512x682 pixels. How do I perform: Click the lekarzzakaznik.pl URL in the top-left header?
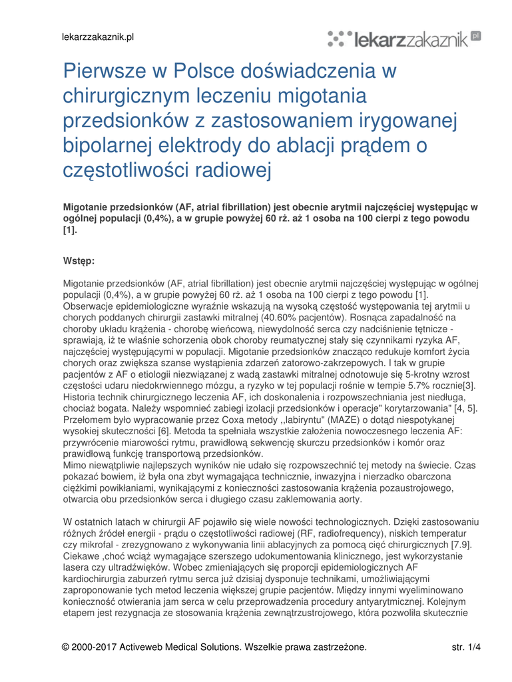99,37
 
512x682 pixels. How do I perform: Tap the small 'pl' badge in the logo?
475,37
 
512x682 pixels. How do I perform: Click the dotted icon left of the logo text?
340,39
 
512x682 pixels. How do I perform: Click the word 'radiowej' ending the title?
236,170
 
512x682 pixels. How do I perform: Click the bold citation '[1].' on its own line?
70,230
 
